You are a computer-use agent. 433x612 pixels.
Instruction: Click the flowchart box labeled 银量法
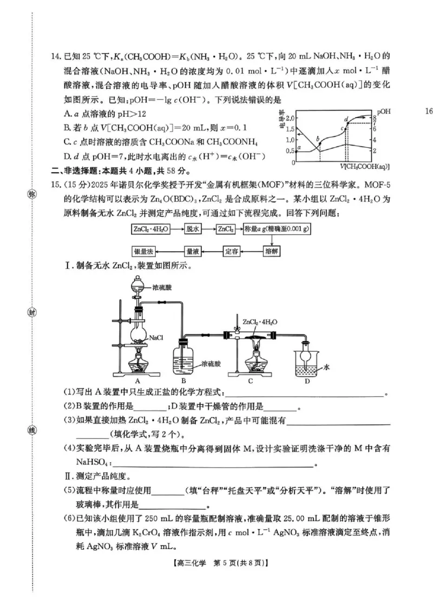(x=146, y=252)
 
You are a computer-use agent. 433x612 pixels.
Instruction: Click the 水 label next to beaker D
(x=327, y=367)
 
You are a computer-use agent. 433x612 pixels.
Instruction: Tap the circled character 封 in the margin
(x=31, y=312)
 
